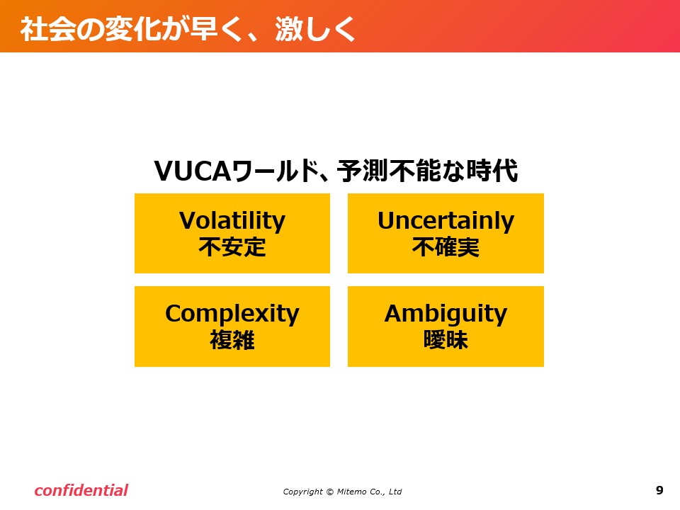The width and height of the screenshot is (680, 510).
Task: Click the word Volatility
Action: point(232,221)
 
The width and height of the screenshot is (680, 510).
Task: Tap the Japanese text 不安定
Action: point(232,247)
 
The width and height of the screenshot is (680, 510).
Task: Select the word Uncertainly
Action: point(446,221)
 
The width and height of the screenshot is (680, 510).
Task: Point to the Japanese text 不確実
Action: point(446,247)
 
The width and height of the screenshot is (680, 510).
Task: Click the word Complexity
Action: point(232,314)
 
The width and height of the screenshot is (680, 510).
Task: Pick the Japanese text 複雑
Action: point(232,339)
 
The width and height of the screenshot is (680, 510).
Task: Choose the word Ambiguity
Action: point(446,314)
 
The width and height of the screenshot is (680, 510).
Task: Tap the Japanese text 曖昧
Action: point(446,339)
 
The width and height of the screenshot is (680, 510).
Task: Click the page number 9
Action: point(659,490)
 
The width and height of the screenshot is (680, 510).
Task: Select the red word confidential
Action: point(81,490)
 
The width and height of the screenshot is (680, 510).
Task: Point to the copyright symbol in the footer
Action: point(330,492)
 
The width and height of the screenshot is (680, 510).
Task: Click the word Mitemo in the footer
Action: point(352,492)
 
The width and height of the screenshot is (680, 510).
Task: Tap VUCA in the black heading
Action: point(193,171)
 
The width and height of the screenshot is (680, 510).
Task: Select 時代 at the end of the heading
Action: point(492,171)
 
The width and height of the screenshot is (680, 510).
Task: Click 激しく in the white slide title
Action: point(315,29)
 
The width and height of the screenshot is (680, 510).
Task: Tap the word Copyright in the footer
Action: point(302,492)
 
